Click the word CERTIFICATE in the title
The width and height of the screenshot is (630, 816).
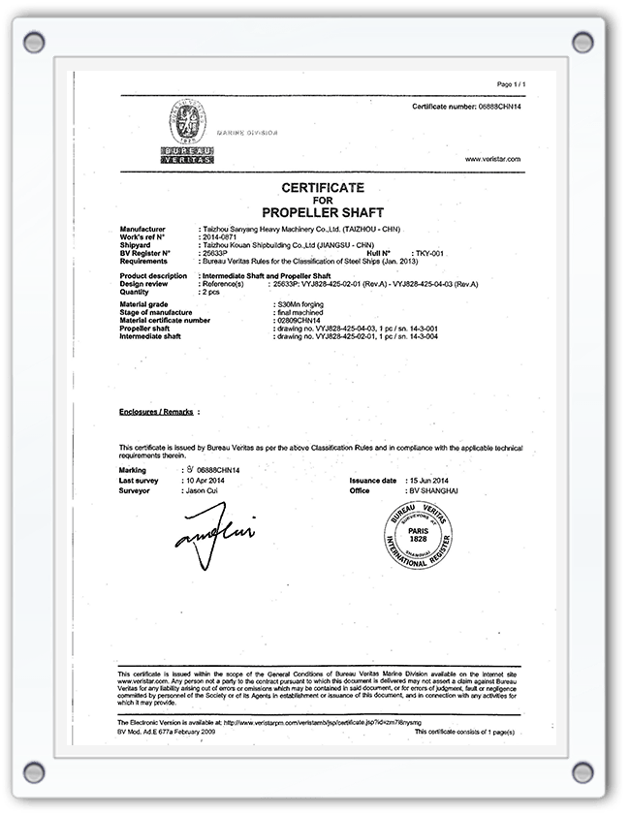323,187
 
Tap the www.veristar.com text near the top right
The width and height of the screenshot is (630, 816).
493,158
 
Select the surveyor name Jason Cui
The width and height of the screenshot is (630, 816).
202,491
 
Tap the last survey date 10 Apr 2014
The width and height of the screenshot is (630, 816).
205,481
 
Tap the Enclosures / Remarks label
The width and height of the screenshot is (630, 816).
153,411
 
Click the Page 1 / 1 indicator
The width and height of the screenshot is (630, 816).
511,84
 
